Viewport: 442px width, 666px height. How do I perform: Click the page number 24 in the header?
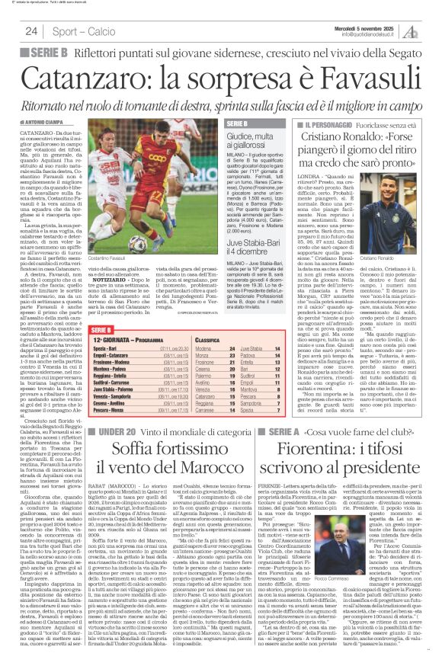point(31,31)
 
